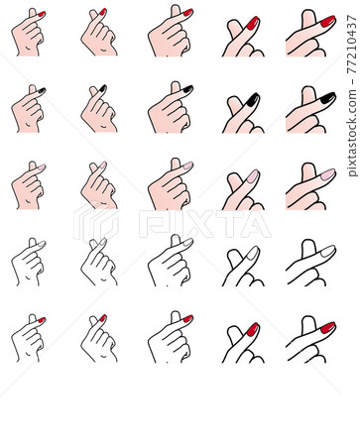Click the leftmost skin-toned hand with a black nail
click(27, 110)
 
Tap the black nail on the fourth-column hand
click(252, 99)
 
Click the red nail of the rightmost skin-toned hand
click(326, 21)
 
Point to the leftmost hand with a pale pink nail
click(27, 186)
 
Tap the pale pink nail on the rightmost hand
click(326, 174)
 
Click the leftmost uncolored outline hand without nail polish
click(27, 263)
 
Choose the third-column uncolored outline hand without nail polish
click(169, 264)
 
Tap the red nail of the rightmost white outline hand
click(326, 327)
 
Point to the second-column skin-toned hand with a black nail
click(97, 110)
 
